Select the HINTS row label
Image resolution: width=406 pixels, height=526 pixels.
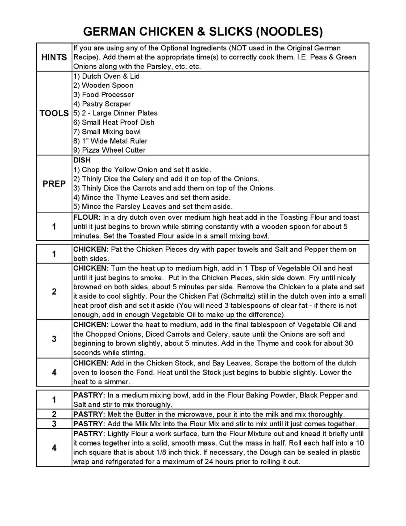point(54,57)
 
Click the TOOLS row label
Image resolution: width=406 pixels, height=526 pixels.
point(54,113)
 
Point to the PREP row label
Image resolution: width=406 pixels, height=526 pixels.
point(54,184)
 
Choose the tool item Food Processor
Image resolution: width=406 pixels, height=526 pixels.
point(104,95)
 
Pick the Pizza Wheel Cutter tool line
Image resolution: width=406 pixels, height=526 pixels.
point(109,150)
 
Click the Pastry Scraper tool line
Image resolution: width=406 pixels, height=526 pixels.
point(102,104)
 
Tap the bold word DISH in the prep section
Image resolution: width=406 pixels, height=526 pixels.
point(82,160)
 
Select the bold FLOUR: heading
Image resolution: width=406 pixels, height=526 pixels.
point(87,218)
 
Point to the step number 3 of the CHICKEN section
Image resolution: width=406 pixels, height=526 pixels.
point(54,339)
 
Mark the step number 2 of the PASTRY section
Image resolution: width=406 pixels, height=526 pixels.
point(54,414)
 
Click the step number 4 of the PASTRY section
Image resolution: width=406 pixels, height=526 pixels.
point(54,448)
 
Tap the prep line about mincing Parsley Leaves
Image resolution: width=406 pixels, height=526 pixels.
point(153,207)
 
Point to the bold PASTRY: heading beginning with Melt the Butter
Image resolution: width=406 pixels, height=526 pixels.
point(89,414)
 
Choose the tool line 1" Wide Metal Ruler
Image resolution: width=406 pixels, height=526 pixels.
point(110,141)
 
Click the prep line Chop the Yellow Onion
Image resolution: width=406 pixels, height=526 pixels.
point(142,170)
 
